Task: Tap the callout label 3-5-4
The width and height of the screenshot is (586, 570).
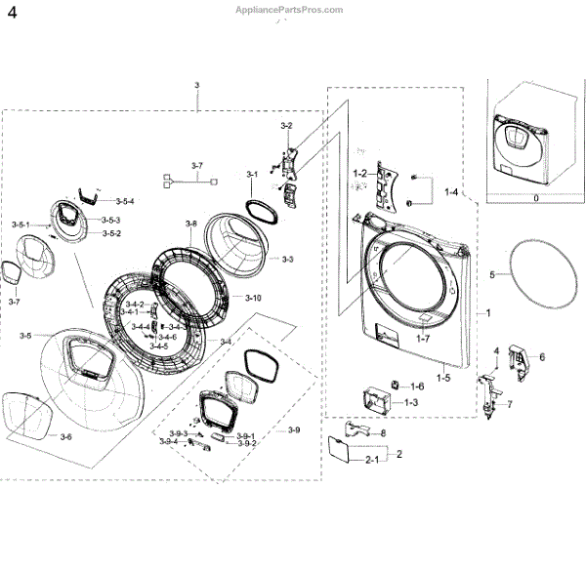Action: tap(124, 201)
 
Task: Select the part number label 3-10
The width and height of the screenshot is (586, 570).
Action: tap(253, 297)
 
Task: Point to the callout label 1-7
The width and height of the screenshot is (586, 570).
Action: tap(422, 338)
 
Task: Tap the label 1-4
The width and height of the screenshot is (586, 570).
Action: tap(451, 193)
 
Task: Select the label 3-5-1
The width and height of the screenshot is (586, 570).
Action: tap(21, 225)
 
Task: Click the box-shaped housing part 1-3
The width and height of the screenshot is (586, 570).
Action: tap(377, 400)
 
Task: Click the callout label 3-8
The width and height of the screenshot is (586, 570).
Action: tap(190, 224)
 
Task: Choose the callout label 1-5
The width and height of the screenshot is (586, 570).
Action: tap(443, 377)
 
